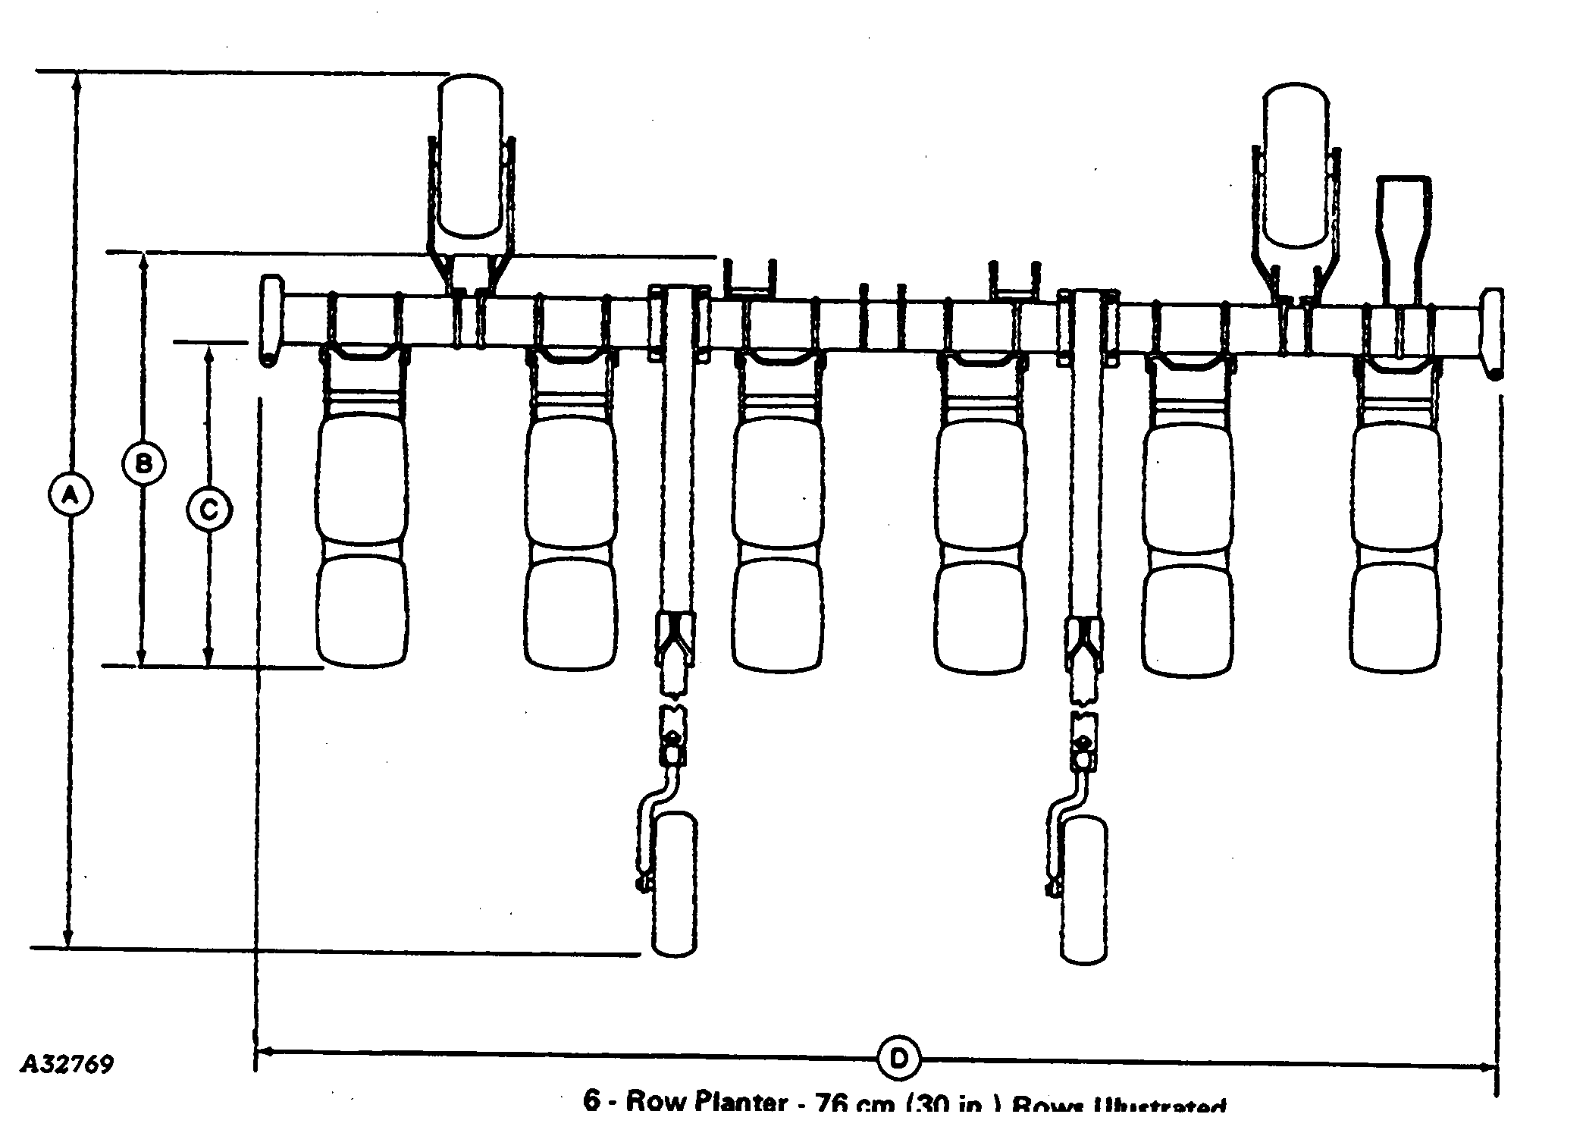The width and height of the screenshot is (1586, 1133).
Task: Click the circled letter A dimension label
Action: pyautogui.click(x=69, y=495)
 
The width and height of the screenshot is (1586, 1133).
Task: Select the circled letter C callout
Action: pyautogui.click(x=208, y=509)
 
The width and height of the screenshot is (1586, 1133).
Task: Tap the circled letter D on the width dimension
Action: pyautogui.click(x=899, y=1058)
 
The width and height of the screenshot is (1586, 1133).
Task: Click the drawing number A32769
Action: pyautogui.click(x=67, y=1063)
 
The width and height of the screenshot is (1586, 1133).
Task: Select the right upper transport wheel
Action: pyautogui.click(x=1296, y=165)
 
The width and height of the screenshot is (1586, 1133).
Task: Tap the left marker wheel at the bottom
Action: pyautogui.click(x=674, y=883)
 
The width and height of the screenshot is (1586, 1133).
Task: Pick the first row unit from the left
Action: pyautogui.click(x=362, y=516)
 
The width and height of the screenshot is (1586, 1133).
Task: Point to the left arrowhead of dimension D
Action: pyautogui.click(x=264, y=1051)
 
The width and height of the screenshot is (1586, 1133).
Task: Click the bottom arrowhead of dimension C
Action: pyautogui.click(x=208, y=656)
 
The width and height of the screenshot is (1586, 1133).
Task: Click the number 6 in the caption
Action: pyautogui.click(x=591, y=1100)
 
